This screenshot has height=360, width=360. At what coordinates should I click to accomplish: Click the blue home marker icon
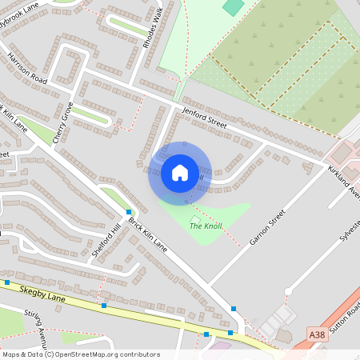pos(180,173)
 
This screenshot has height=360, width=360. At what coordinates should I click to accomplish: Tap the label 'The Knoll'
pos(206,226)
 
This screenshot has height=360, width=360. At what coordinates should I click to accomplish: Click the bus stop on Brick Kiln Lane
pos(128,212)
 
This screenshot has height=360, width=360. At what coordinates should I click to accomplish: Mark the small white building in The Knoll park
pos(195,218)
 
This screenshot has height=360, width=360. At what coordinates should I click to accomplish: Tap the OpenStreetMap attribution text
pos(79,354)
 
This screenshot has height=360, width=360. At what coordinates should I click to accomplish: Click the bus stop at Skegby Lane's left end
pos(7,282)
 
